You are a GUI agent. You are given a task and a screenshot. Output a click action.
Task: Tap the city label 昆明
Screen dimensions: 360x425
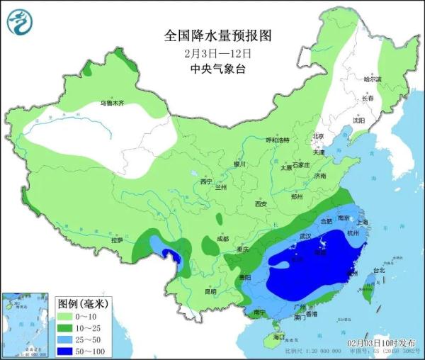point(210,291)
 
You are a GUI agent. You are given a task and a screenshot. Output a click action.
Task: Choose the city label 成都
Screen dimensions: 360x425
point(224,238)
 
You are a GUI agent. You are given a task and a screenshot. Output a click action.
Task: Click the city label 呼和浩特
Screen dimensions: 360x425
point(278,140)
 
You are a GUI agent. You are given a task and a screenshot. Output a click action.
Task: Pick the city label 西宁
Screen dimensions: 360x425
point(206,182)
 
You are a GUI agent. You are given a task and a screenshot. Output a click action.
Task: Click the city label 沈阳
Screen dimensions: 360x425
point(359,121)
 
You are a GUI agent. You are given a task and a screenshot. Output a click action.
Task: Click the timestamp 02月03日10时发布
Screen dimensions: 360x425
point(381,342)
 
